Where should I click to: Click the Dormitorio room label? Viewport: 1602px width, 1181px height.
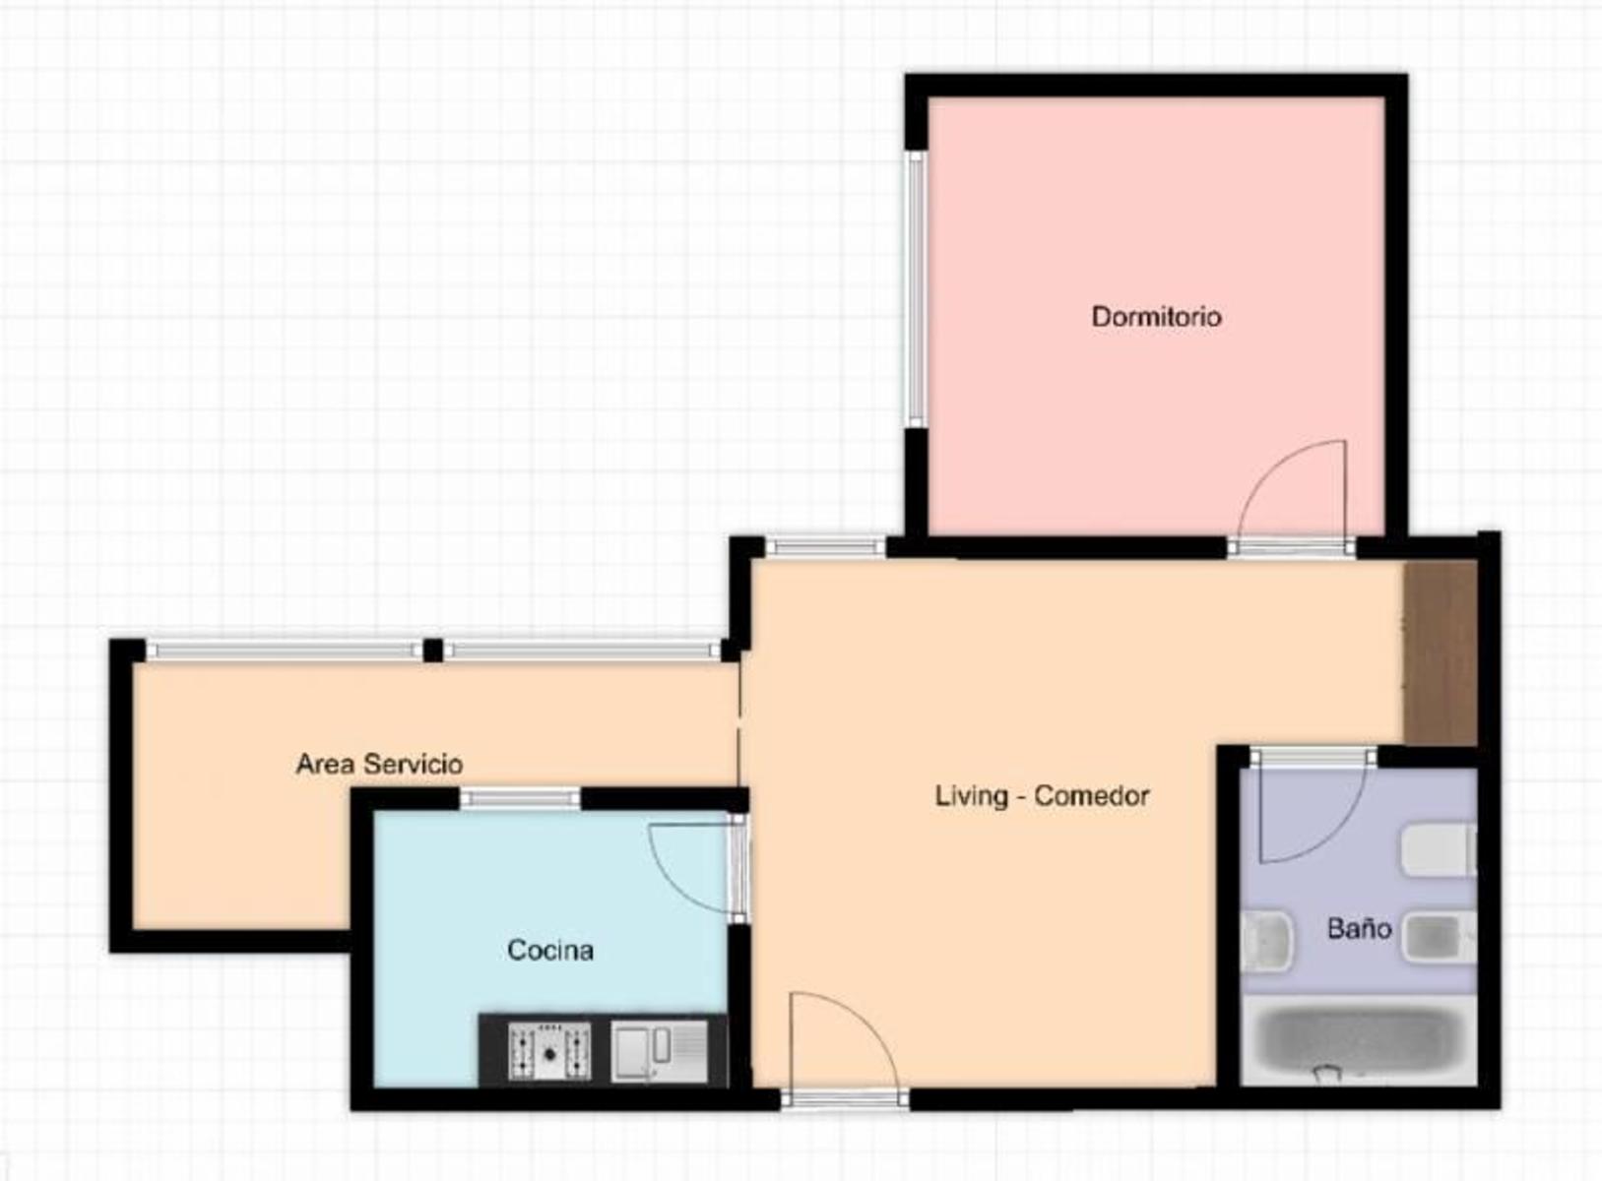[1156, 317]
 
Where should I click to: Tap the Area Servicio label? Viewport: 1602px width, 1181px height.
[379, 764]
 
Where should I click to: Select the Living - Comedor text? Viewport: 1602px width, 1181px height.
[1042, 795]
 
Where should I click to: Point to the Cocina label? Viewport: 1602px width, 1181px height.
[550, 950]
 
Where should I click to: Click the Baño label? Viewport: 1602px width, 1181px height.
[1359, 928]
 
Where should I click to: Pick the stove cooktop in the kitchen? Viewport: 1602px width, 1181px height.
[549, 1051]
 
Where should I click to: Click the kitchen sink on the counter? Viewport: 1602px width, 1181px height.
[659, 1051]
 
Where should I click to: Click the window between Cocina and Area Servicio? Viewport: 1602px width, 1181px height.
[520, 798]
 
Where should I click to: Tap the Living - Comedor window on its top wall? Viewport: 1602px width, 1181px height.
[826, 547]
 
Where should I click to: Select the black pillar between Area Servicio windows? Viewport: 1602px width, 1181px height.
[432, 651]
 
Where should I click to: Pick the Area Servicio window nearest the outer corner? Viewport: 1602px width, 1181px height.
[285, 650]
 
